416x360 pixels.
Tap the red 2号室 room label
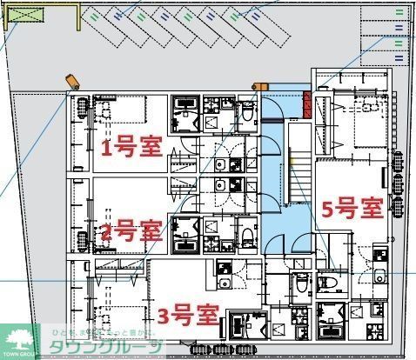click(x=131, y=232)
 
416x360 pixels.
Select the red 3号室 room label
click(x=188, y=312)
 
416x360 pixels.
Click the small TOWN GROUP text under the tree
click(x=20, y=356)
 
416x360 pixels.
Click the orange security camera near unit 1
click(x=73, y=81)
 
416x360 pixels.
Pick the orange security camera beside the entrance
click(x=258, y=86)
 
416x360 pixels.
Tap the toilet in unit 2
click(x=245, y=233)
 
